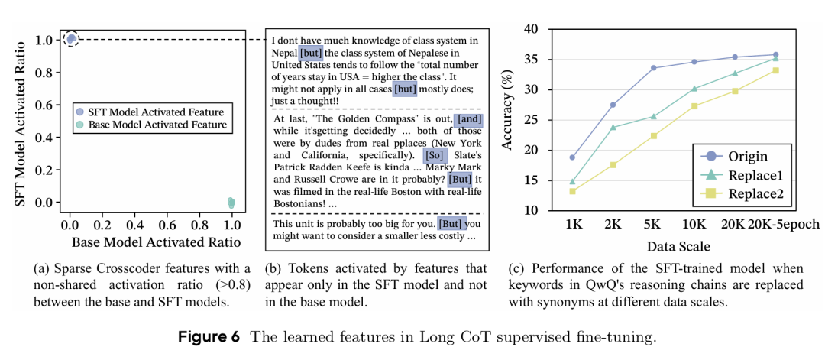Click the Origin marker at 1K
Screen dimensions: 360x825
[x=572, y=157]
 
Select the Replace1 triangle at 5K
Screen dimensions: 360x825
[x=654, y=116]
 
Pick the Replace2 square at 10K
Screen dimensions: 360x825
[x=694, y=106]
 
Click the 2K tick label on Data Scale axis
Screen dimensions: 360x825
[x=613, y=225]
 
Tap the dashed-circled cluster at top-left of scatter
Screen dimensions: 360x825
[x=71, y=38]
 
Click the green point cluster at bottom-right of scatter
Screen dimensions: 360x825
[x=231, y=203]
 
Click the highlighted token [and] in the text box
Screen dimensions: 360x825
[x=467, y=119]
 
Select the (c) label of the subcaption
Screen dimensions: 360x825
[x=516, y=269]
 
